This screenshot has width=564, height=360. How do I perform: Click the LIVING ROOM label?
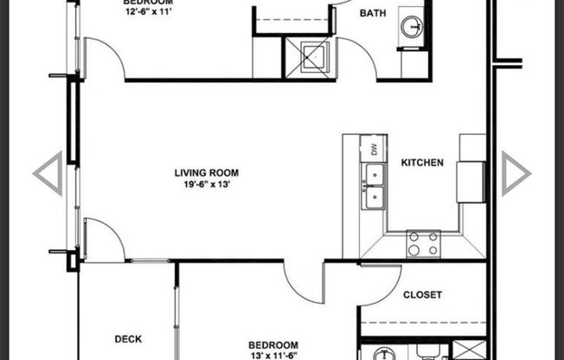205,171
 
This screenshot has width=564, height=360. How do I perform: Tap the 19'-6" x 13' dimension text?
205,183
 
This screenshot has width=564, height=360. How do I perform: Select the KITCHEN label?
421,163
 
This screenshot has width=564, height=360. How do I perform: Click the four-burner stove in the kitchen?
423,243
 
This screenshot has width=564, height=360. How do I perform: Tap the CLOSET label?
423,295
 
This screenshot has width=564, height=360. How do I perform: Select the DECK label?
128,339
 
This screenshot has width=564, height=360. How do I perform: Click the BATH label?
373,13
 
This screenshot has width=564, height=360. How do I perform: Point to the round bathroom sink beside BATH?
413,28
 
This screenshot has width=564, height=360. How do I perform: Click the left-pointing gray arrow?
48,173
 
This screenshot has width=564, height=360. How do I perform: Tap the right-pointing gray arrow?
516,173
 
